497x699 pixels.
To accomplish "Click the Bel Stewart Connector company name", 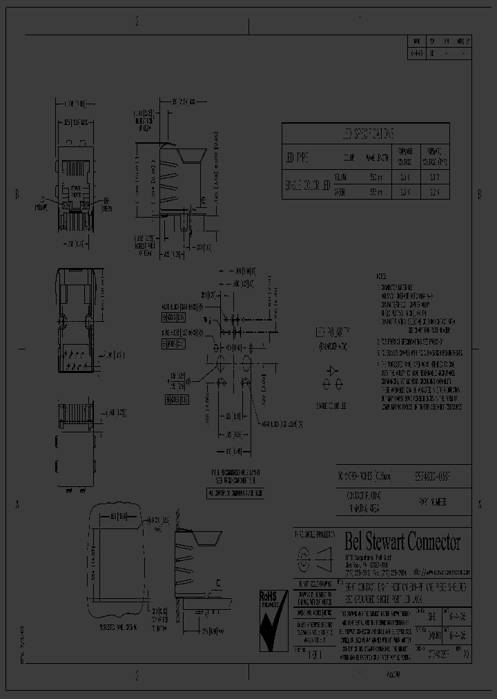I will (402, 541).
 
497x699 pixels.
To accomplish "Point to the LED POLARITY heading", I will (333, 332).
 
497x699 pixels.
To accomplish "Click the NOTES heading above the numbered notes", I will (382, 274).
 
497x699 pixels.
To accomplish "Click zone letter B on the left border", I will (17, 193).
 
